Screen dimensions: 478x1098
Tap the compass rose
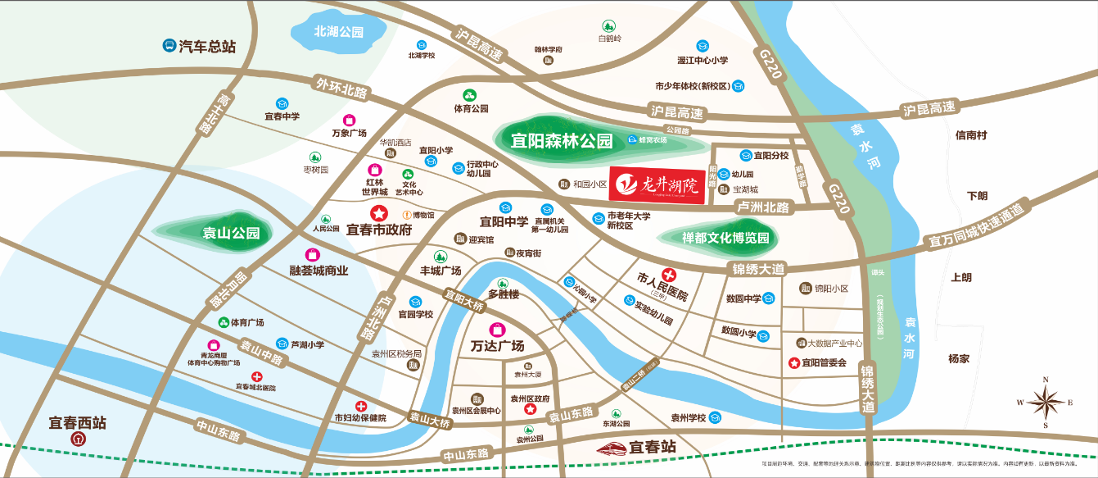pyautogui.click(x=1046, y=402)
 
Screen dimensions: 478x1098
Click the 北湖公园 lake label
pyautogui.click(x=338, y=32)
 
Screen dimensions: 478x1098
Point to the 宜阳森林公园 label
pyautogui.click(x=562, y=141)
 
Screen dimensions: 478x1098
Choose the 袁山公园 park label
pyautogui.click(x=231, y=233)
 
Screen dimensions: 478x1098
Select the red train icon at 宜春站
pyautogui.click(x=610, y=448)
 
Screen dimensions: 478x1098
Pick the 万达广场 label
pyautogui.click(x=497, y=345)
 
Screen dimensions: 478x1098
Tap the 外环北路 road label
pyautogui.click(x=341, y=86)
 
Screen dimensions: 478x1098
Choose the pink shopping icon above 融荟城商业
pyautogui.click(x=312, y=254)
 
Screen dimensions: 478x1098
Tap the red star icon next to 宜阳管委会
pyautogui.click(x=793, y=362)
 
